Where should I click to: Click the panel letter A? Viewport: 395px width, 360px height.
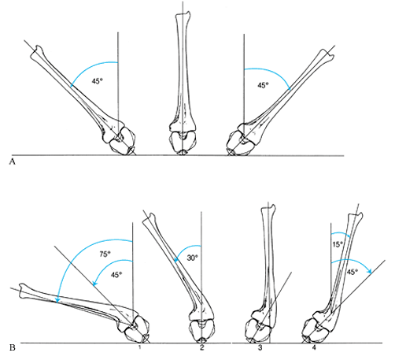click(13, 162)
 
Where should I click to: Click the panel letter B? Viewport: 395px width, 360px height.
click(13, 348)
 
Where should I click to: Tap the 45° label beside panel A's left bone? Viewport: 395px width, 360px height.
click(97, 81)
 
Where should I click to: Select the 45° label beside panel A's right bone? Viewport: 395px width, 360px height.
click(264, 85)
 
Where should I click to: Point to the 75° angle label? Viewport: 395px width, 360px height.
click(105, 254)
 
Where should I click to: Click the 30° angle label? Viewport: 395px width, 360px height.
click(192, 258)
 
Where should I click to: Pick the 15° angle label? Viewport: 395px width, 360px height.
click(338, 244)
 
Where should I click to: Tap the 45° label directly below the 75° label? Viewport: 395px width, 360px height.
click(116, 275)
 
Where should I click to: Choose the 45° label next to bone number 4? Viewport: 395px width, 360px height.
click(353, 272)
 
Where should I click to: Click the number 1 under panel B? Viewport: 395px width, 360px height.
click(140, 347)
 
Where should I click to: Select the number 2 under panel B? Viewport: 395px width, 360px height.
click(201, 347)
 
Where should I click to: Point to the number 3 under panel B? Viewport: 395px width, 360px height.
click(260, 347)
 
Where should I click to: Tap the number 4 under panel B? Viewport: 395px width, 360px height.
click(314, 347)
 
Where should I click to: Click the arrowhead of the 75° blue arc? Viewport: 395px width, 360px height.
click(57, 300)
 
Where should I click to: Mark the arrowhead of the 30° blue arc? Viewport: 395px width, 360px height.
click(176, 260)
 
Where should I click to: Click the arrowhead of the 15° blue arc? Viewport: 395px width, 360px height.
click(349, 236)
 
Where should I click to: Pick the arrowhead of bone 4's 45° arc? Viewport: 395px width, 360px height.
click(370, 272)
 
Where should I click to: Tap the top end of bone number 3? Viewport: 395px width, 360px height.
click(268, 206)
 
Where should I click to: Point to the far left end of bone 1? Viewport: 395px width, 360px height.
click(20, 288)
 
